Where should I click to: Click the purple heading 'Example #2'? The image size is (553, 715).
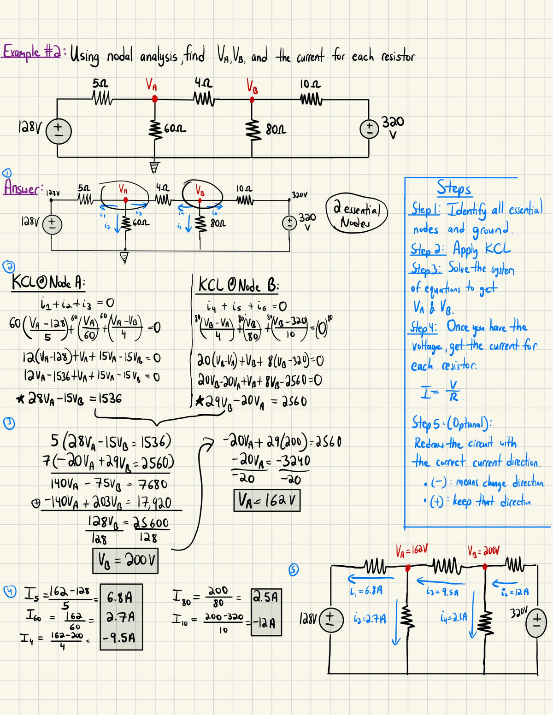(32, 52)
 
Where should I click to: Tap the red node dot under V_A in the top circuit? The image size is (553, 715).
(155, 99)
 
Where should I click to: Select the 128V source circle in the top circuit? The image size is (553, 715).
(59, 130)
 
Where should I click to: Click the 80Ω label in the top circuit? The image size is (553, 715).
(276, 129)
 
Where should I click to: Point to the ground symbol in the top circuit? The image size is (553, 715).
(155, 167)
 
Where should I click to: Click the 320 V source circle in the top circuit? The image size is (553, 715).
(369, 129)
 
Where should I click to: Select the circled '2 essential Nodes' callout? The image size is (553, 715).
(357, 212)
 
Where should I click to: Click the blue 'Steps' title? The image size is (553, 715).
(454, 188)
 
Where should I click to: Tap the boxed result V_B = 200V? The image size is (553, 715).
(125, 560)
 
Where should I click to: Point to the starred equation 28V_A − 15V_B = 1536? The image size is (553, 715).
(69, 398)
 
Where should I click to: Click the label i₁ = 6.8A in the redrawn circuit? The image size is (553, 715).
(366, 591)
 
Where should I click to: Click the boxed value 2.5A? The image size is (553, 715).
(266, 598)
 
